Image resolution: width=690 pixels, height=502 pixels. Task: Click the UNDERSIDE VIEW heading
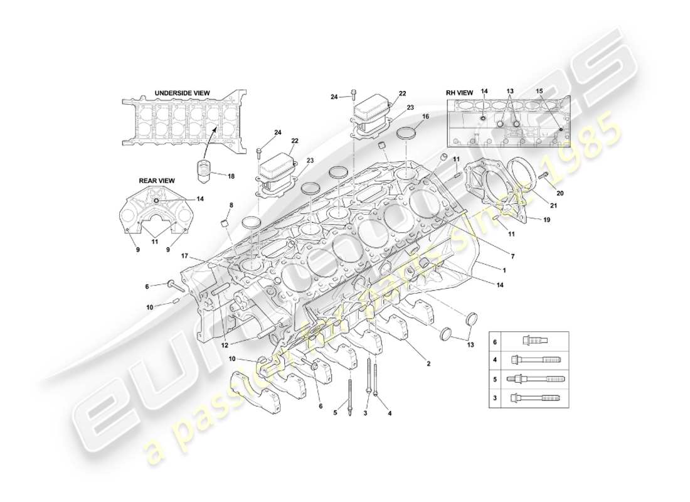(x=182, y=93)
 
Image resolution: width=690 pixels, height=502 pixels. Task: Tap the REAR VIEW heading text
(x=156, y=181)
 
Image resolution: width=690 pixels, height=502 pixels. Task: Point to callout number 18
(x=231, y=176)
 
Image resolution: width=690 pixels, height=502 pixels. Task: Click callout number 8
(x=231, y=205)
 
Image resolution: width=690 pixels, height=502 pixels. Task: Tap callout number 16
(x=425, y=117)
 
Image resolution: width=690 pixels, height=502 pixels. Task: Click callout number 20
(x=560, y=193)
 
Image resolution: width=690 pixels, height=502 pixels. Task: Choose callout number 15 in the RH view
(x=539, y=92)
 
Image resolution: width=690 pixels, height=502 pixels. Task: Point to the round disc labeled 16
(x=409, y=134)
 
